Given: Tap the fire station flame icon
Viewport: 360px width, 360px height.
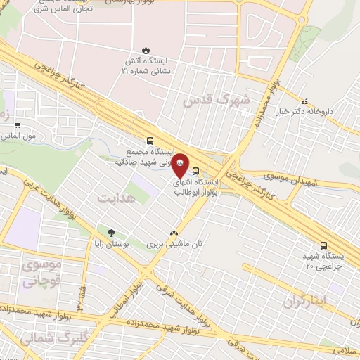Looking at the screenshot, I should coord(146,51).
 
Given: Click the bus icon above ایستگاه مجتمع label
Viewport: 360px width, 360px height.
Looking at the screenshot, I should coord(149,140).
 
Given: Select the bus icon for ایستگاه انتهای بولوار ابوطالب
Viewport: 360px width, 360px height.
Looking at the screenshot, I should coord(195,170).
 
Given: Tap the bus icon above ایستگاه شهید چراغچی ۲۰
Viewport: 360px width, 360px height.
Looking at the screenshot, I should coord(323,245).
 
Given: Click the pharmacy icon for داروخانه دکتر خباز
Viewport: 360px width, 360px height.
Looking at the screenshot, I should coord(304,101).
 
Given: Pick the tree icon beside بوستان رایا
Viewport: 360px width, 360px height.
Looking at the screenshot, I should coord(110,232).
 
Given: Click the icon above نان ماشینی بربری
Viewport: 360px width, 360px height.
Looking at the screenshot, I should coord(174,233).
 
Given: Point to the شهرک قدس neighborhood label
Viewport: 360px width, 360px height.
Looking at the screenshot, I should coord(216,101).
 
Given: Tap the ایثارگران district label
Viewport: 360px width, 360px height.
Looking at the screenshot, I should coord(307,301).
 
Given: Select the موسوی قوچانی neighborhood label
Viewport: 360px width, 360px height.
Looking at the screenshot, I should coord(42,274).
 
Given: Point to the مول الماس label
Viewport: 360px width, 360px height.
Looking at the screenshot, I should coord(19,136).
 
